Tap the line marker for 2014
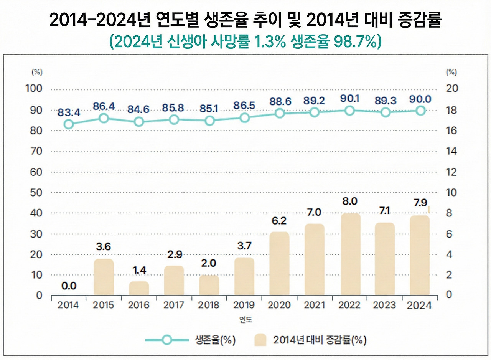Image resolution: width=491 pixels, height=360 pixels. point(69,124)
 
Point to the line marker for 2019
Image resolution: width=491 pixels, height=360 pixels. point(244,118)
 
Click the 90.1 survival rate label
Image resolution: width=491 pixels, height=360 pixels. point(350,99)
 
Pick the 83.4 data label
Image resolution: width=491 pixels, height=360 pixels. point(69,112)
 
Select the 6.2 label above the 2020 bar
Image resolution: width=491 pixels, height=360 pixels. point(279,221)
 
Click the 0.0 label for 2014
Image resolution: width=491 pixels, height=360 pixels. point(69,286)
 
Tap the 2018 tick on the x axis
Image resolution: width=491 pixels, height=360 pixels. point(209,305)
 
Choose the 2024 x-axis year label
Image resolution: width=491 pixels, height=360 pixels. point(419,306)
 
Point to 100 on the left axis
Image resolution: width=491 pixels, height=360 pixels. point(33,89)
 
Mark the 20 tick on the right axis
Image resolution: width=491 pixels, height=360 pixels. point(452,89)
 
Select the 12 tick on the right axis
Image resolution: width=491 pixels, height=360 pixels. point(452,172)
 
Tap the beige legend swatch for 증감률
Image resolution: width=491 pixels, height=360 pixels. point(260,340)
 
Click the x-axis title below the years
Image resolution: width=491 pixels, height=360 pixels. point(244,320)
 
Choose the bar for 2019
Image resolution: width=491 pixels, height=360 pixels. point(244,276)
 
